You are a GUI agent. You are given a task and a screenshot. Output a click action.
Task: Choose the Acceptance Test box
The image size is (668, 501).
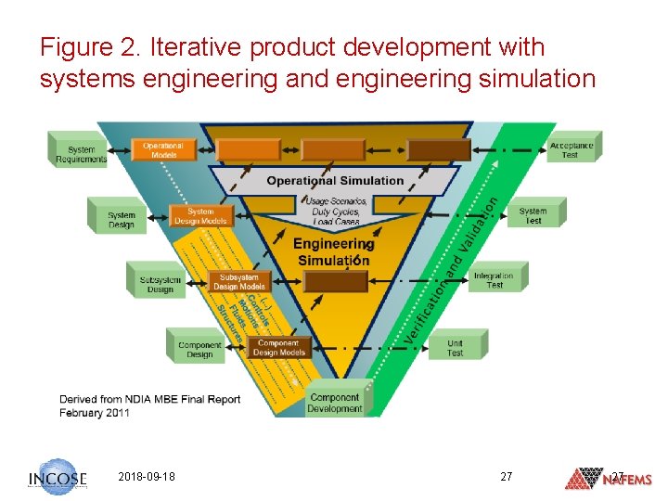571,149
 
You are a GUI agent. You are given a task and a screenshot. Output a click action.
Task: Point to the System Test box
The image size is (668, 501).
533,215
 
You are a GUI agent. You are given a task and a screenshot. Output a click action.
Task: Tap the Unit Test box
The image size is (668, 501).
455,347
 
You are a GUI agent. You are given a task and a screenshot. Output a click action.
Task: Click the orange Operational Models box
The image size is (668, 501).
163,149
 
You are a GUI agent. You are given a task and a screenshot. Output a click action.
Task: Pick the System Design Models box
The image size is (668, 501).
200,216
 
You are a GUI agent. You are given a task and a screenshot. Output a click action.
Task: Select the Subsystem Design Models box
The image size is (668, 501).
239,281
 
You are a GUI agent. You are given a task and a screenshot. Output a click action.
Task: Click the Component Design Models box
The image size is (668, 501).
278,347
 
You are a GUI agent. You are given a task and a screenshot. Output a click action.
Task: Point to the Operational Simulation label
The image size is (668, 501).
335,181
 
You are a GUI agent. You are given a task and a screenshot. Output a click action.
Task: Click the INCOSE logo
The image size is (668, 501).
58,478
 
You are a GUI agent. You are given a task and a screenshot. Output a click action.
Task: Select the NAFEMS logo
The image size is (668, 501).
609,479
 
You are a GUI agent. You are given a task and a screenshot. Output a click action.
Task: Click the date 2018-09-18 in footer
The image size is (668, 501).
147,477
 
